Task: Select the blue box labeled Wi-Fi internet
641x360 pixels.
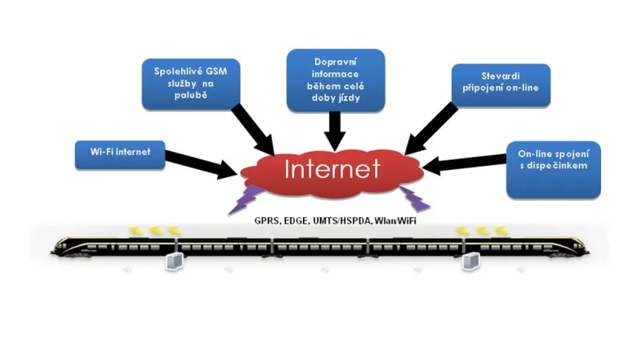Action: (119, 154)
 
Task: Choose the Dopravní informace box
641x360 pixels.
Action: (336, 79)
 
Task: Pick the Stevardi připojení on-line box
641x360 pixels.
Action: (501, 86)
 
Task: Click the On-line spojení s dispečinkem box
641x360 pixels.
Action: (553, 169)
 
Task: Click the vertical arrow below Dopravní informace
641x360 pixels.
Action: (335, 128)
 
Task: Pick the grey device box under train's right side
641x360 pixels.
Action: (472, 261)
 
